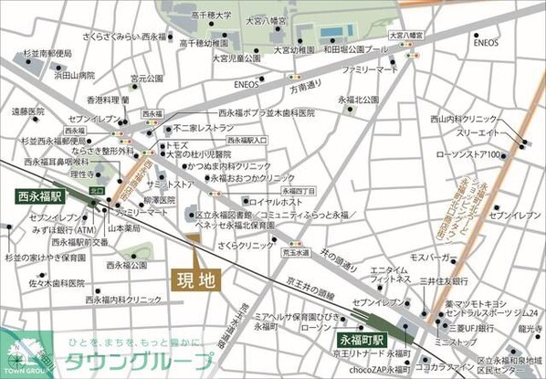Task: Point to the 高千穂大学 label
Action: [212, 16]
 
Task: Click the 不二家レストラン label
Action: [205, 129]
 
